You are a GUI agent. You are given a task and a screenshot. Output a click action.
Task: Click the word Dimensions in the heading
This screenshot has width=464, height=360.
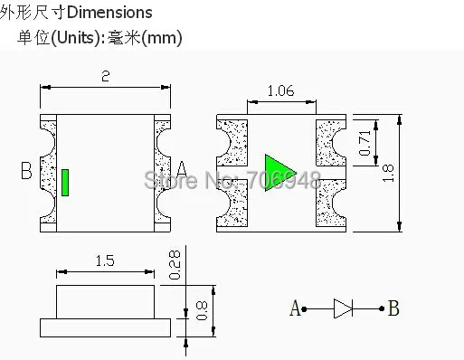pyautogui.click(x=109, y=13)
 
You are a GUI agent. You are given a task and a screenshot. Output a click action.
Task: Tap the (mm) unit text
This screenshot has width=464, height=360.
pyautogui.click(x=162, y=38)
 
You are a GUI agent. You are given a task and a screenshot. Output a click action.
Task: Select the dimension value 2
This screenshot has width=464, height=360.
pyautogui.click(x=106, y=76)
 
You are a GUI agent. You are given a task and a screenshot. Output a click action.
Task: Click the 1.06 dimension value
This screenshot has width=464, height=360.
pyautogui.click(x=280, y=90)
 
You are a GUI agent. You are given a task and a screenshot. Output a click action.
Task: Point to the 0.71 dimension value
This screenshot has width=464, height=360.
pyautogui.click(x=365, y=143)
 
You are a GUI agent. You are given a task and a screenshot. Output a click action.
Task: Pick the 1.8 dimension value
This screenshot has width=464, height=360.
pyautogui.click(x=388, y=173)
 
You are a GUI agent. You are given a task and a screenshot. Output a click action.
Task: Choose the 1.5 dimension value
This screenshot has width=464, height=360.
pyautogui.click(x=105, y=261)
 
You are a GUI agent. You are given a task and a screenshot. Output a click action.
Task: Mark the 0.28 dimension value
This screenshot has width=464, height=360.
pyautogui.click(x=175, y=265)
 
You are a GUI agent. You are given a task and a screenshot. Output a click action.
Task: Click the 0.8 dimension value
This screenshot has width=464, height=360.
pyautogui.click(x=202, y=311)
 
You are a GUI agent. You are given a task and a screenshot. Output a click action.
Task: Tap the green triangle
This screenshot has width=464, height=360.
pyautogui.click(x=279, y=173)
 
